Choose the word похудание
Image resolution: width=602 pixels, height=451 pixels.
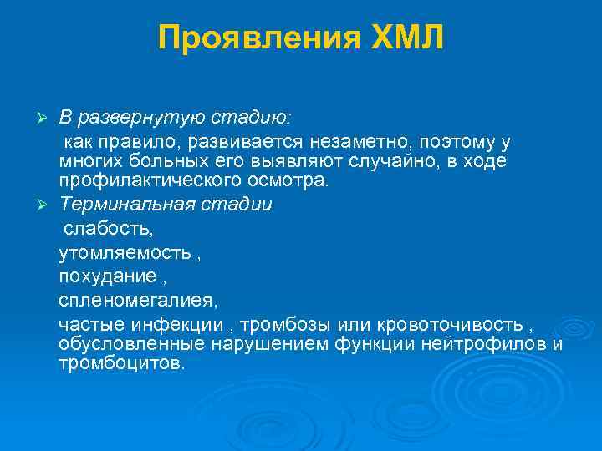click(95, 276)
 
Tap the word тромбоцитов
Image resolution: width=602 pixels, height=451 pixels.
click(119, 365)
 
